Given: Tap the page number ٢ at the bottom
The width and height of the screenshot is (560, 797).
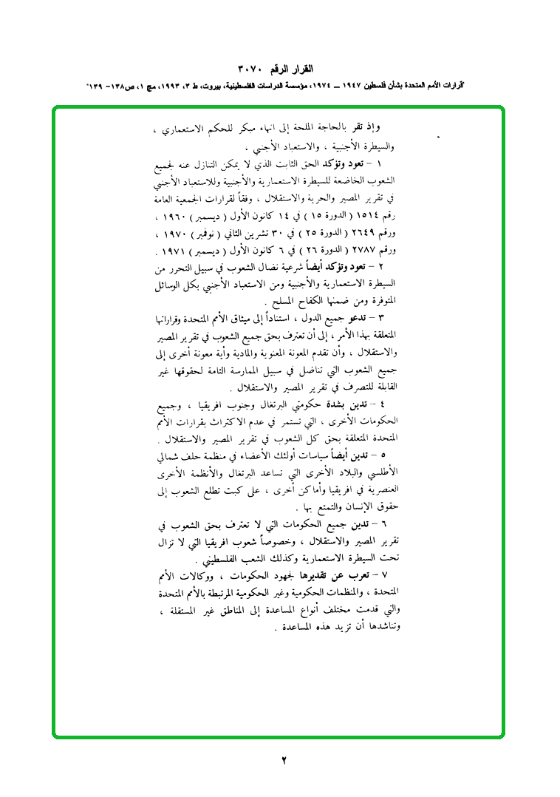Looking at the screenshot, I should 283,759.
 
